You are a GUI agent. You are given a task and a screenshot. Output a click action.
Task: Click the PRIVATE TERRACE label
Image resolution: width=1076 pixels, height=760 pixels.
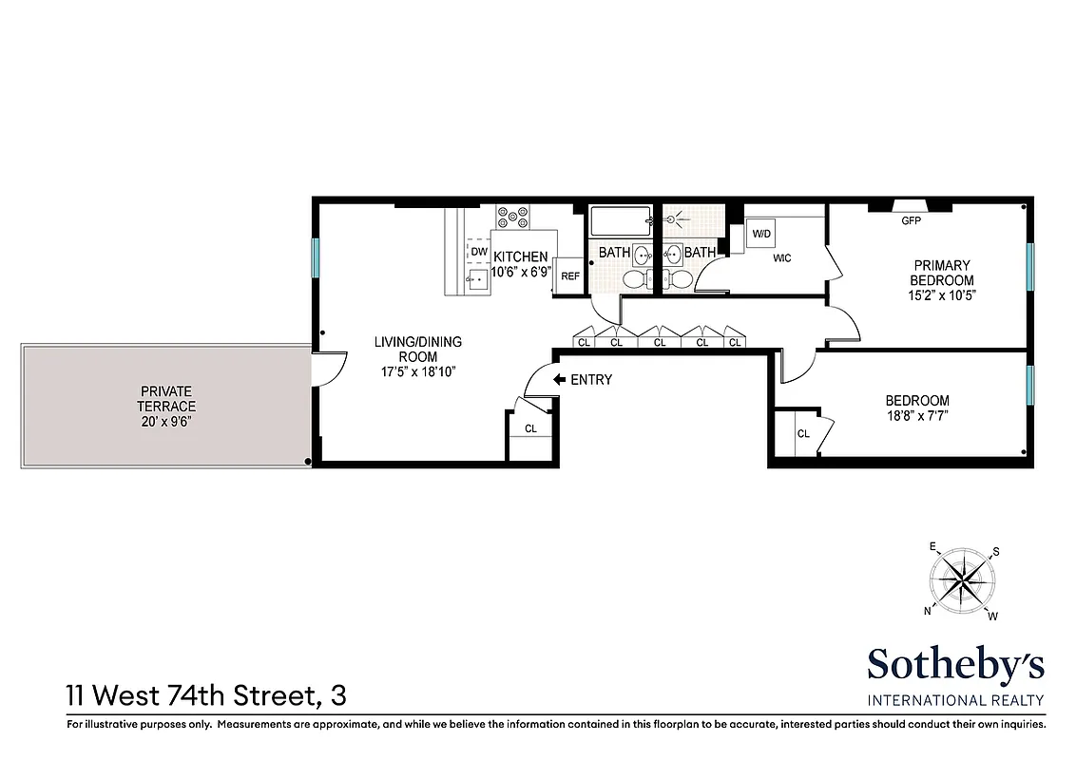click(x=167, y=398)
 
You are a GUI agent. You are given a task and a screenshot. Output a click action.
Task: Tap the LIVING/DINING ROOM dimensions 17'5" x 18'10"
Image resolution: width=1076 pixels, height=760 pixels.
click(x=417, y=372)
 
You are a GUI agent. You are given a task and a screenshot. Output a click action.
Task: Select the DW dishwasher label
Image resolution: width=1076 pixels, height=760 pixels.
click(x=478, y=252)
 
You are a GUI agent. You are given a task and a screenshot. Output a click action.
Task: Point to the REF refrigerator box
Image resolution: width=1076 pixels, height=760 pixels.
click(x=569, y=275)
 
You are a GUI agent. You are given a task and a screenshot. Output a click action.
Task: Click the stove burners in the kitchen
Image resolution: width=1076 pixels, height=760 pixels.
click(x=511, y=218)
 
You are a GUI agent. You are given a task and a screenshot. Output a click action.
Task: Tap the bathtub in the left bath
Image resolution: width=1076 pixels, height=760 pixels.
click(x=619, y=222)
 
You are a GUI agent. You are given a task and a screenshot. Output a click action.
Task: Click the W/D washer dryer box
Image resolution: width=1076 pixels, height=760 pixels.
click(x=762, y=234)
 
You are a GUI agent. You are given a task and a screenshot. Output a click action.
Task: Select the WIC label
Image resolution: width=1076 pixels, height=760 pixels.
click(x=782, y=258)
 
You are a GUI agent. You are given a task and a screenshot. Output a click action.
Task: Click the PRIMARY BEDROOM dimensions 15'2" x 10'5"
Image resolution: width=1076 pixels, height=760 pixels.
click(x=942, y=295)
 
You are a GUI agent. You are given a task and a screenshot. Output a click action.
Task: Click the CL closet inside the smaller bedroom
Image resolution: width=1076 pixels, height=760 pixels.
click(x=803, y=434)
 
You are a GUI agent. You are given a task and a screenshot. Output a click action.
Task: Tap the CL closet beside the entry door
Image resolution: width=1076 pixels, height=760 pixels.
click(x=530, y=428)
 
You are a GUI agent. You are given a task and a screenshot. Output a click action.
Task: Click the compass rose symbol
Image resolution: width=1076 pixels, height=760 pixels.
click(x=964, y=580)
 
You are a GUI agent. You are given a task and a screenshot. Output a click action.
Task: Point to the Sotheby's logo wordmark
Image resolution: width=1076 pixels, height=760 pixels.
click(x=955, y=664)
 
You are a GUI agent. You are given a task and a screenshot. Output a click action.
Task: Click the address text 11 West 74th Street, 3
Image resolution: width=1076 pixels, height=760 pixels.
click(x=206, y=695)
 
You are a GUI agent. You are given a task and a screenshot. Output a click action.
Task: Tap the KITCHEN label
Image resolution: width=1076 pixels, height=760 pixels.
click(x=520, y=256)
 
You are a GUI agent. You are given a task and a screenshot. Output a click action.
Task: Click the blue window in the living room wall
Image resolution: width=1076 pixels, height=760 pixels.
click(x=315, y=256)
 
